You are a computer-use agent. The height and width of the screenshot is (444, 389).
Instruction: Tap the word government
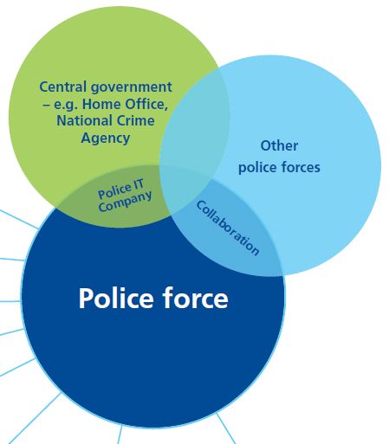point(132,87)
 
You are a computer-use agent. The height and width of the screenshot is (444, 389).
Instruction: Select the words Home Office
point(125,104)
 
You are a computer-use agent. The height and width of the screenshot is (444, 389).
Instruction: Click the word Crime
point(135,120)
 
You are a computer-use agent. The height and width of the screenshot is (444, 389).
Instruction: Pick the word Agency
point(106,138)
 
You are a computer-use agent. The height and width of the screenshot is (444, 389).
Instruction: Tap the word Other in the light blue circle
point(279,145)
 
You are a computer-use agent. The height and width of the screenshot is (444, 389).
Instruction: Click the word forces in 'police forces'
point(300,167)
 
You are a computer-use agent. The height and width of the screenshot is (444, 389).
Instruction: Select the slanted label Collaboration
point(228,228)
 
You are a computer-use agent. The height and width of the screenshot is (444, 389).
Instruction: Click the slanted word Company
point(125,201)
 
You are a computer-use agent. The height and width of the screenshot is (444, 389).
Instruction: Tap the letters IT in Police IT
point(139,185)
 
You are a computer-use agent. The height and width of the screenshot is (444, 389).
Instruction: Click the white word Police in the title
point(116,299)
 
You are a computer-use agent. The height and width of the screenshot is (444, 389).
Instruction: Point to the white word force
point(196,299)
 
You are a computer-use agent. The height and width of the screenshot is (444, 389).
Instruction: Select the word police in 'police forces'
point(257,168)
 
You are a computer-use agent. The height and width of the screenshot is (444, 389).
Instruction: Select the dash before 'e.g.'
point(47,105)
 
